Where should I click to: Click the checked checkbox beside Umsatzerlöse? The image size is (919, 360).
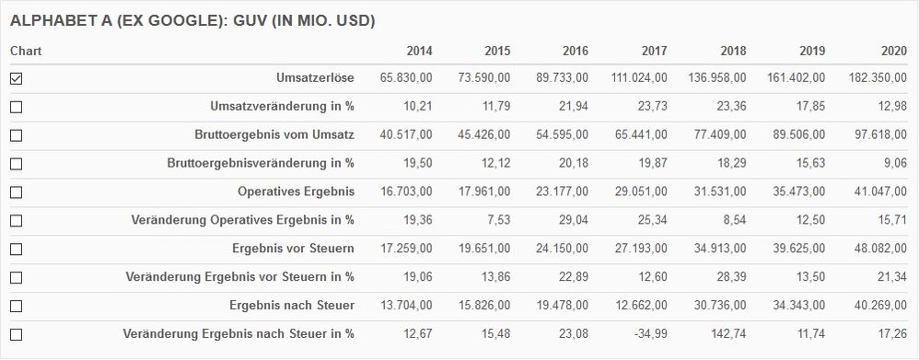tap(16, 79)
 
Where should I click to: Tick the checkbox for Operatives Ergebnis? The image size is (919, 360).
tap(16, 193)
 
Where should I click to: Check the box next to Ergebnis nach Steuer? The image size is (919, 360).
tap(16, 306)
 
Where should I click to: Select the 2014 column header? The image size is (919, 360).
tap(419, 52)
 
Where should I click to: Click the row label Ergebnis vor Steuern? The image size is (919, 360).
tap(293, 249)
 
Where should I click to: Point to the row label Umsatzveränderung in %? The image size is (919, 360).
tap(282, 107)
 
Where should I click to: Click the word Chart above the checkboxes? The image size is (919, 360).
tap(26, 52)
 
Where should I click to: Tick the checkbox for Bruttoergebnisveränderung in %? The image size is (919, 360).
tap(16, 165)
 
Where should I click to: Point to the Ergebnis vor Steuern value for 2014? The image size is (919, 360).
tap(406, 249)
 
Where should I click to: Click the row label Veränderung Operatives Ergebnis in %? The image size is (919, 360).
tap(243, 220)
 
